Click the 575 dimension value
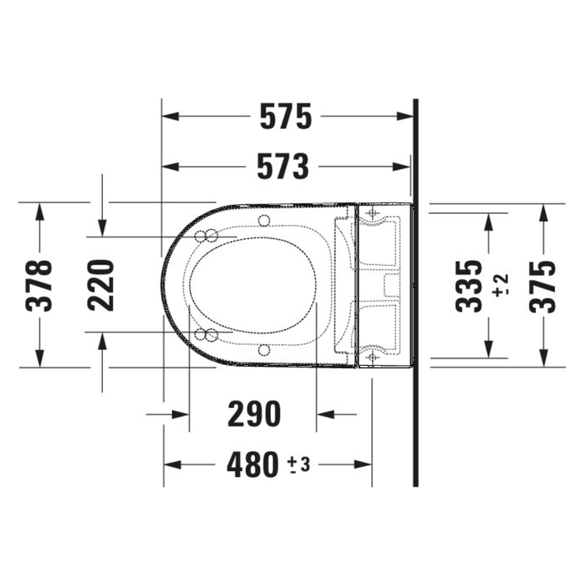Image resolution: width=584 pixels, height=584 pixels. click(x=286, y=116)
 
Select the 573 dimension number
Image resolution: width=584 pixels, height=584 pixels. click(x=283, y=167)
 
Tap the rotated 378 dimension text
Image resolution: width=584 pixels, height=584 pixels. click(x=39, y=285)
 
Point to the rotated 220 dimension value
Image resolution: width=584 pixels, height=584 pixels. click(x=101, y=285)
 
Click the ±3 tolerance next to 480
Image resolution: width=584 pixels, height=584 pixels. click(x=299, y=465)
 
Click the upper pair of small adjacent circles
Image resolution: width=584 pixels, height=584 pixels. click(x=206, y=236)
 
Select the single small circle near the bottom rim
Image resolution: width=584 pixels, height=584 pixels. click(x=264, y=350)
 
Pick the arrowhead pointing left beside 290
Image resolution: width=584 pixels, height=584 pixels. click(x=325, y=414)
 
